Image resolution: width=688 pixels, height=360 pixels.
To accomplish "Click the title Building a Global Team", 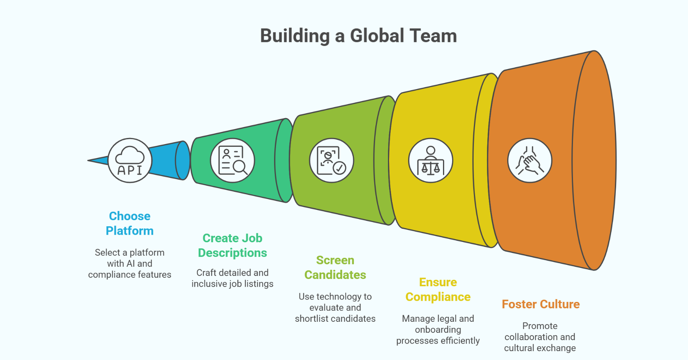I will (358, 36).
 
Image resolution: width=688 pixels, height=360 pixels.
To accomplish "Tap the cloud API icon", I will (130, 161).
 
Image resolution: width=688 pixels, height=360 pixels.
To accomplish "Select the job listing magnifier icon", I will (232, 161).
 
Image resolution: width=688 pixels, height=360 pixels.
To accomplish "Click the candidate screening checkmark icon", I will (331, 161).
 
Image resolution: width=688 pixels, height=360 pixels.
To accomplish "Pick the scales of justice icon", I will (430, 161).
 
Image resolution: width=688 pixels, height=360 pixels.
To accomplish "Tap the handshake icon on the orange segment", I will (529, 161).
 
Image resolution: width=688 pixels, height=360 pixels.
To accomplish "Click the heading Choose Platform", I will (130, 224).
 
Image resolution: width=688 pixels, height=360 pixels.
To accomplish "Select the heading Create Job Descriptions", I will (232, 245).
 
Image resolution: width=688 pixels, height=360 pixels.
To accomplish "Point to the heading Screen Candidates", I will (335, 268).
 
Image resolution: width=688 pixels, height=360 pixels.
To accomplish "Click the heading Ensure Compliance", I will (438, 289).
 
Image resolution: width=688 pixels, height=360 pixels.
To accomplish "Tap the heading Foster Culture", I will (540, 304).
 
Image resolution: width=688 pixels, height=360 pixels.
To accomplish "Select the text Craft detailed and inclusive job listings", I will (232, 278).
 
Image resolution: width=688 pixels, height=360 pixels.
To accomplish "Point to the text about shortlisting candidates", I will (335, 308).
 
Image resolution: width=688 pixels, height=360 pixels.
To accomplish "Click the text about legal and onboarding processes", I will (438, 329).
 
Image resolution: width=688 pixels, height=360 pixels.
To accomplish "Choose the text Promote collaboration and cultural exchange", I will (540, 337).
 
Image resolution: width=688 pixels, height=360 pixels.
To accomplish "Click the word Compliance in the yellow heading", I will (438, 297).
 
